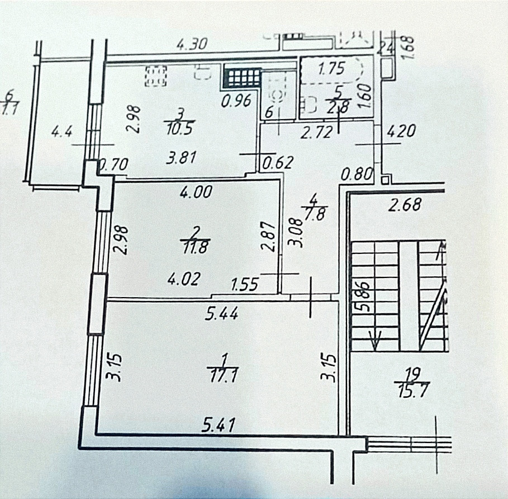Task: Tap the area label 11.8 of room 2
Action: click(194, 247)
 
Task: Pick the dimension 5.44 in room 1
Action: click(222, 315)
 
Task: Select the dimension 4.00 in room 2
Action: click(194, 192)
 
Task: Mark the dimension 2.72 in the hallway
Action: click(317, 133)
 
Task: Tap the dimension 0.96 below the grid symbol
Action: click(235, 102)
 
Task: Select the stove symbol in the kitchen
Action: click(156, 77)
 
